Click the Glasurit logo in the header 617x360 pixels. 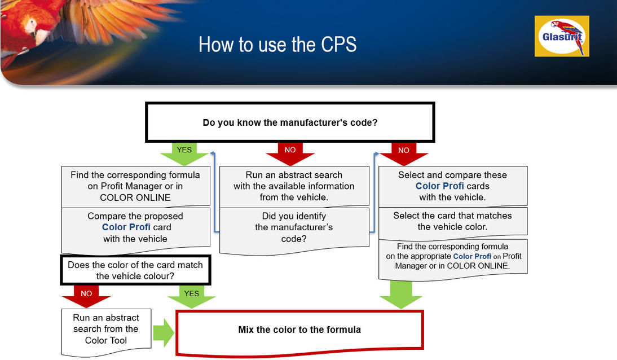[x=562, y=36]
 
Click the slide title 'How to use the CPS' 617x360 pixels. [x=277, y=45]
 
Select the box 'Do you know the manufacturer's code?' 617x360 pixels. [x=290, y=122]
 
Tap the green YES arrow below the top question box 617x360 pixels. [x=184, y=153]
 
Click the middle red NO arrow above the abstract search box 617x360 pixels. [x=290, y=153]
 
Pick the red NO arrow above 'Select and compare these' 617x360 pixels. [x=403, y=153]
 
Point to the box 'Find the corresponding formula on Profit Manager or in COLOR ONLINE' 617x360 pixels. [x=135, y=186]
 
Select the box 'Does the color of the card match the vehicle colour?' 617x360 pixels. [x=135, y=270]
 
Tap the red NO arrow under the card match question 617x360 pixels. [x=86, y=297]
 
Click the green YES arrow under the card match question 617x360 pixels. [x=191, y=297]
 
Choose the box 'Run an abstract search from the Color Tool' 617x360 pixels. [x=106, y=332]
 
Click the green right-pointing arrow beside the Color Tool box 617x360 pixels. [x=164, y=333]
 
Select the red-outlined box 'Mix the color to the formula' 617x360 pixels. [x=299, y=332]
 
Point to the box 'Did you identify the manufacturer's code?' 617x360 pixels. [x=294, y=231]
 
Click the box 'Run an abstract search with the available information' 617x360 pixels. [x=294, y=186]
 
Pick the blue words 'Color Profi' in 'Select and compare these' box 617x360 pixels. [x=439, y=186]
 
